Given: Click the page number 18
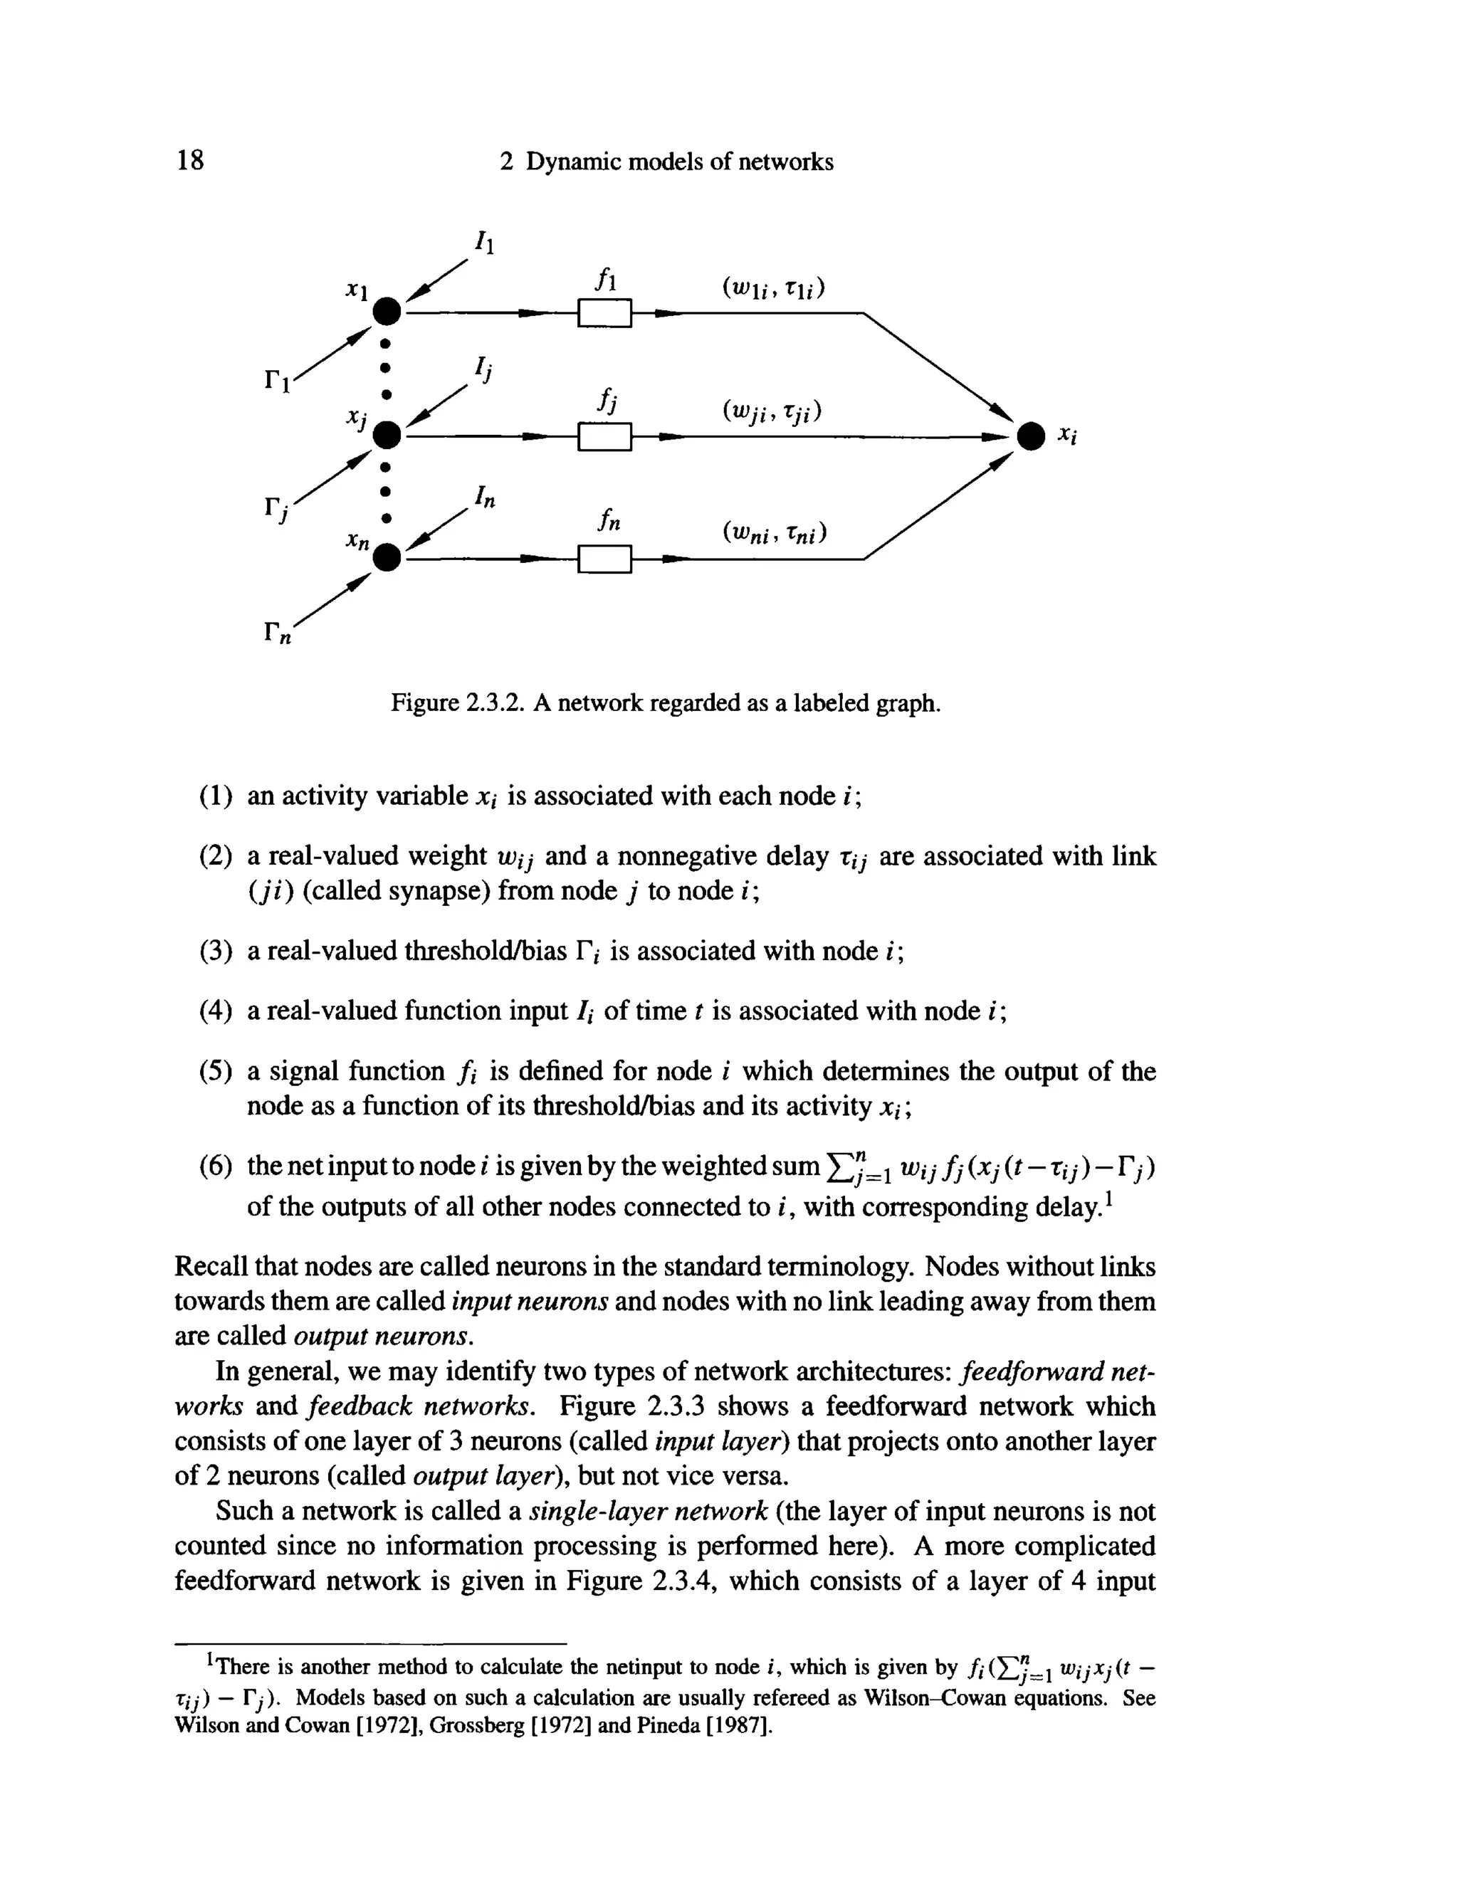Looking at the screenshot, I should pyautogui.click(x=190, y=161).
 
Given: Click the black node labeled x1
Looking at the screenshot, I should pyautogui.click(x=387, y=310).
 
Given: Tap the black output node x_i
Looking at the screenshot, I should pyautogui.click(x=1029, y=436).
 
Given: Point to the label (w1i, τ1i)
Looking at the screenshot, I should pyautogui.click(x=773, y=286).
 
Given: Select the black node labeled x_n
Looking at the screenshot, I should pyautogui.click(x=387, y=558).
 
